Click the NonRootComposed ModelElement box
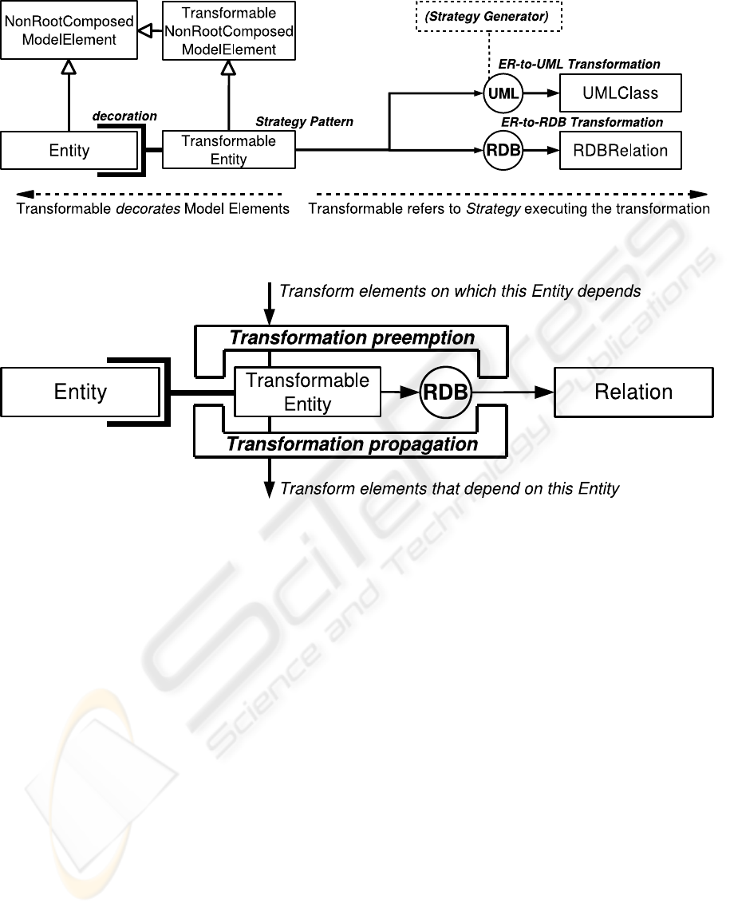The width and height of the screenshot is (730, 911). [68, 30]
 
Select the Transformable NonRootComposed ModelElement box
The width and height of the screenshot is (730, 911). [228, 31]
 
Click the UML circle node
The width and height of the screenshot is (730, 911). [503, 93]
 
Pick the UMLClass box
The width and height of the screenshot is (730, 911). [620, 93]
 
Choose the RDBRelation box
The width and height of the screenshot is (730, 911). [620, 151]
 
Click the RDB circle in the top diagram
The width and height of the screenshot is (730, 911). [503, 151]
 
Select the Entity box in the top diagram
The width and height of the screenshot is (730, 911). [69, 150]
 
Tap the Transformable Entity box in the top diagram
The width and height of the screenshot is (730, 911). [228, 150]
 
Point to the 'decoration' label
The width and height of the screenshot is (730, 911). [124, 116]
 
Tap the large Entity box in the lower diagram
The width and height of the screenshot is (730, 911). [80, 392]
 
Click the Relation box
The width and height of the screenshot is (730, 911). [633, 392]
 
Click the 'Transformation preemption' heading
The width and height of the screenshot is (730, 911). [352, 338]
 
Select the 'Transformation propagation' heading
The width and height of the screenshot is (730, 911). [352, 444]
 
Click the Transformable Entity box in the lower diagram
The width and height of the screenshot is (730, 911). [307, 392]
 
